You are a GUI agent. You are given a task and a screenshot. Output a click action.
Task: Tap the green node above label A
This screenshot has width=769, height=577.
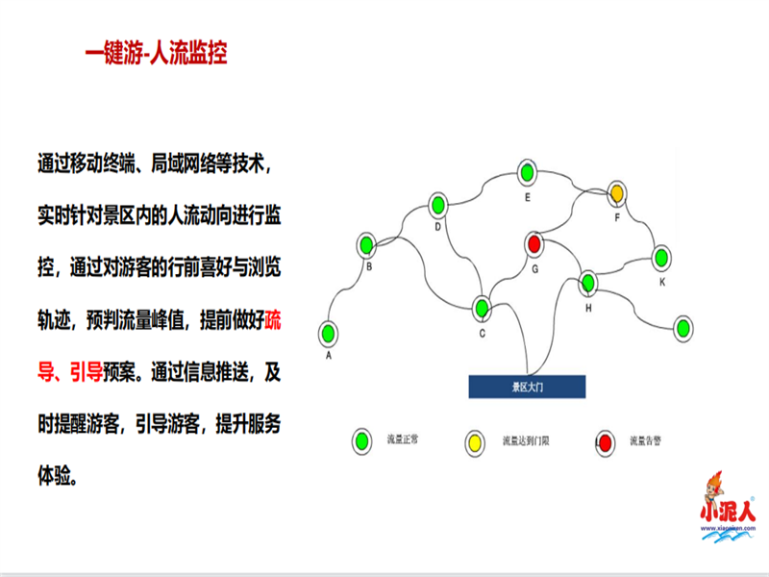coord(330,333)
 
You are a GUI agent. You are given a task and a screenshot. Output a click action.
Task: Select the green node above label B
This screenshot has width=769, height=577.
coord(366,244)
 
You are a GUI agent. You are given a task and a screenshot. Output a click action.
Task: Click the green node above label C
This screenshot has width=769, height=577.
coord(482,309)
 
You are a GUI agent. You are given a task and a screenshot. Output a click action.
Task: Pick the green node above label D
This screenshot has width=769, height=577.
coord(438,204)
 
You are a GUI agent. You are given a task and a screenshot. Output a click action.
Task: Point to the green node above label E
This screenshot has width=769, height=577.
coord(527,173)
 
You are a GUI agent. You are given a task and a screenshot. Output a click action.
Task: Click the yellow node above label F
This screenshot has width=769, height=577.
coord(616,193)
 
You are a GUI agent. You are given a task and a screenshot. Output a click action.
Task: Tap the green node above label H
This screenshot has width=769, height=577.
coord(588,283)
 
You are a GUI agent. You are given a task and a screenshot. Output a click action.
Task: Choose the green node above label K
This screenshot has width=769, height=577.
coord(660,257)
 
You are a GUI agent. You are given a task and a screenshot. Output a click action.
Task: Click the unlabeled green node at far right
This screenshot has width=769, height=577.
coord(682,327)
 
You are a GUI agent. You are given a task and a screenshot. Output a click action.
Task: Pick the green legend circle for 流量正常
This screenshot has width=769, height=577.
coord(363,441)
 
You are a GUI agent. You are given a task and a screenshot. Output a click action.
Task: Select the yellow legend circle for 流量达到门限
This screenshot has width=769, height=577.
coord(475,441)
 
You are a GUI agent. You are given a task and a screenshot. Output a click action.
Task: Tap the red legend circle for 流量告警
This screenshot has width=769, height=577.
coord(607,441)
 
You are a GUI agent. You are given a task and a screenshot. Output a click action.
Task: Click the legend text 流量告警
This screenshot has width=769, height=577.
coord(646,441)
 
